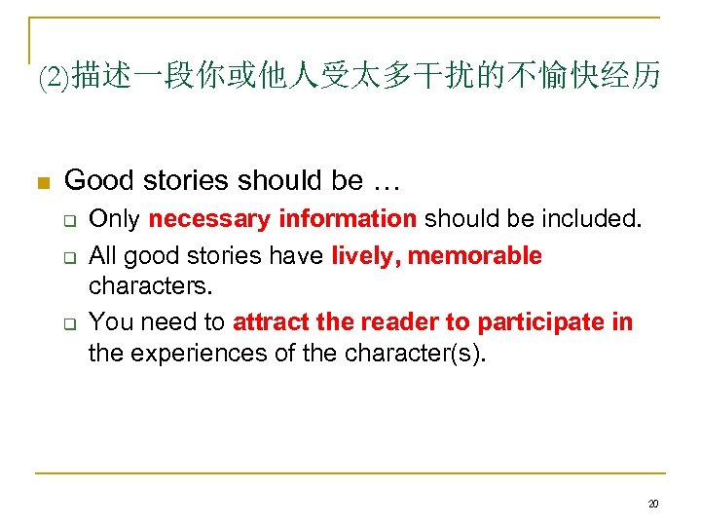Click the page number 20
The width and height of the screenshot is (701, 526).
click(x=652, y=504)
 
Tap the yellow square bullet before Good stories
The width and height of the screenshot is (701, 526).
click(x=42, y=182)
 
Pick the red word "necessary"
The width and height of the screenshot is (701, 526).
click(x=209, y=219)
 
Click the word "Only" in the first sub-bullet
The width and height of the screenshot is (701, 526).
click(x=115, y=219)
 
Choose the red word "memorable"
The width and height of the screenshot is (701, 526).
click(x=475, y=256)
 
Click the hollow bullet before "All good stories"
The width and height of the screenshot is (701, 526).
click(x=72, y=257)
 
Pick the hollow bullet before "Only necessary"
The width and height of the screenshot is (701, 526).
click(x=72, y=220)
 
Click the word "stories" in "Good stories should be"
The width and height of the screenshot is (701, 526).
click(x=185, y=180)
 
